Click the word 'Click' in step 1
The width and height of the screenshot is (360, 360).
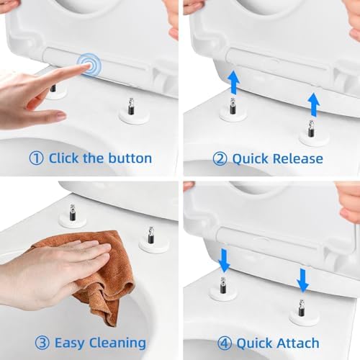[63, 158]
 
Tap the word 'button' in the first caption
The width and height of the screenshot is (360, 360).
[130, 158]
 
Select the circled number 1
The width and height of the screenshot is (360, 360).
[36, 158]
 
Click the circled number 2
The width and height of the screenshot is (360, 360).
[220, 158]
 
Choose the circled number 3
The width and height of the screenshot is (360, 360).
[42, 343]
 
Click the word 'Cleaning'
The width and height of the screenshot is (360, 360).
[117, 343]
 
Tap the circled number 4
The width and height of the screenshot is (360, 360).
[225, 343]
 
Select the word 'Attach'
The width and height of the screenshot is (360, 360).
[299, 343]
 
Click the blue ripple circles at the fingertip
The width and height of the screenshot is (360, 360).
[89, 65]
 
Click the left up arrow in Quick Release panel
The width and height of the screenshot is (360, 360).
[233, 81]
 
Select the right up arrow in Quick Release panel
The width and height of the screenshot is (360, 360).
[314, 105]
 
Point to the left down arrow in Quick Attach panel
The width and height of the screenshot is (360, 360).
[225, 261]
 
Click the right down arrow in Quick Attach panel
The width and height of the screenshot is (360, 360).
[303, 280]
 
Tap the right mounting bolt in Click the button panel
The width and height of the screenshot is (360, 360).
[131, 108]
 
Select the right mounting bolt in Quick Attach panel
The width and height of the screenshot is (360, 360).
[302, 310]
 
